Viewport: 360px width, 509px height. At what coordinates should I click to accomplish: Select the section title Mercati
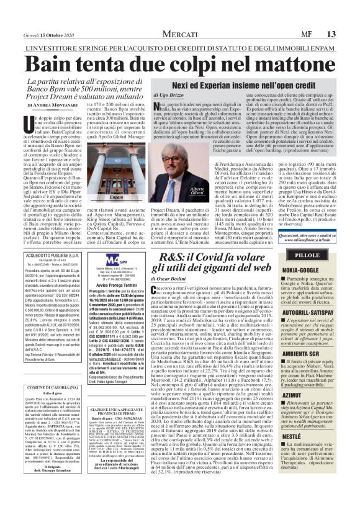point(179,16)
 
